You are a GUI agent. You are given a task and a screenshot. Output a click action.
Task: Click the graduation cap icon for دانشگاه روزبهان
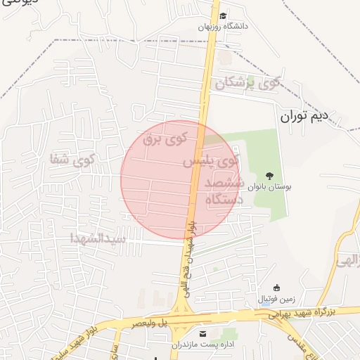pyautogui.click(x=223, y=15)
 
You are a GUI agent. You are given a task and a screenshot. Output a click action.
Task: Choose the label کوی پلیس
pyautogui.click(x=211, y=162)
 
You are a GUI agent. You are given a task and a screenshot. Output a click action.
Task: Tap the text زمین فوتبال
pyautogui.click(x=279, y=299)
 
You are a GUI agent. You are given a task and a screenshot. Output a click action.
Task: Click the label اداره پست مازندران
pyautogui.click(x=200, y=345)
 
